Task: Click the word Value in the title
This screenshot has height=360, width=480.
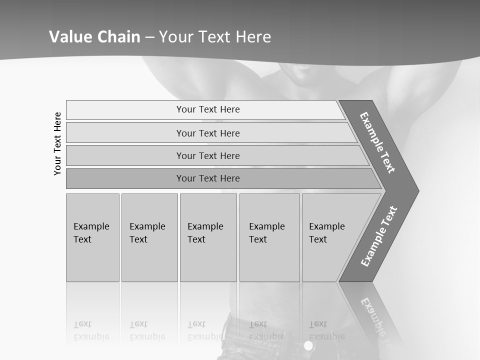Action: point(68,37)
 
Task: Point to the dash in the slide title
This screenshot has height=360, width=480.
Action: point(149,37)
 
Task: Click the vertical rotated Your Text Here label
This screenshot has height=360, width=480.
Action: point(57,143)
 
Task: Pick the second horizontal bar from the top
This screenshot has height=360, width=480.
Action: point(207,133)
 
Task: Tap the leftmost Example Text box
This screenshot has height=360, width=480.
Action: point(92,237)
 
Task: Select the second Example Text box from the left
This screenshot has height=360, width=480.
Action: point(149,237)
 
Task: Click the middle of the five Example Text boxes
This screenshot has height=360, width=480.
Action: point(208,237)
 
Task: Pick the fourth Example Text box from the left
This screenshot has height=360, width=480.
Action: point(269,237)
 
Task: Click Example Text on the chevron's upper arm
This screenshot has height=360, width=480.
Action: point(377,142)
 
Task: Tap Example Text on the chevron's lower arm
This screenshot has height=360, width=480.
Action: point(379,236)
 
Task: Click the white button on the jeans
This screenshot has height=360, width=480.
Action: point(308,345)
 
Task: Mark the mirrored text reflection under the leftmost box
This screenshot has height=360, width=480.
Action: point(91,330)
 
